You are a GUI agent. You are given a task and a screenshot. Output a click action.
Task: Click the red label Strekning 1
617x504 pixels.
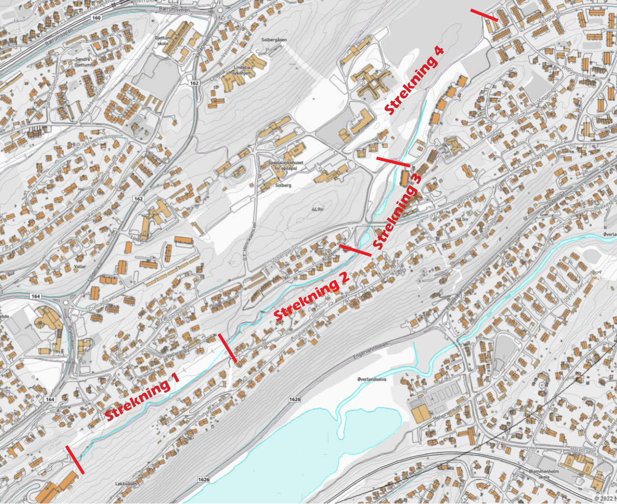click(142, 396)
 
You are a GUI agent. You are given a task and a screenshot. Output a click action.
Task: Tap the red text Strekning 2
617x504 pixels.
click(312, 296)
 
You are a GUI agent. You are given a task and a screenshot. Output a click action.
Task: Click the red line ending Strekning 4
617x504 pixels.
click(484, 15)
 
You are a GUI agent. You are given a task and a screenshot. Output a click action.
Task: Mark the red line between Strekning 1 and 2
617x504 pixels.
click(227, 347)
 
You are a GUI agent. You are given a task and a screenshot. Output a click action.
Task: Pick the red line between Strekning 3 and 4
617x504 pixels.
click(393, 162)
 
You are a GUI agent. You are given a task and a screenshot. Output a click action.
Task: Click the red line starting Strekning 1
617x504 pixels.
click(75, 460)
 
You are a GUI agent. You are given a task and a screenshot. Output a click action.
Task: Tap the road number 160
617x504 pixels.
click(97, 18)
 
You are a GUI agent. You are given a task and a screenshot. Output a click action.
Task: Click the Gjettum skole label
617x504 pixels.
click(163, 41)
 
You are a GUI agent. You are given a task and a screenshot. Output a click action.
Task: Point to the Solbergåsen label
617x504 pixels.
click(274, 40)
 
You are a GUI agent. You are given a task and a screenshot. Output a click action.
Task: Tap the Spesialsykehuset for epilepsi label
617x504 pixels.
click(285, 165)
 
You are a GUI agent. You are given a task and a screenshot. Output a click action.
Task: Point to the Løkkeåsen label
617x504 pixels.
click(126, 483)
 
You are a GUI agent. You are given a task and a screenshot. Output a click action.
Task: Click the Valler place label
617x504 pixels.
click(80, 267)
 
